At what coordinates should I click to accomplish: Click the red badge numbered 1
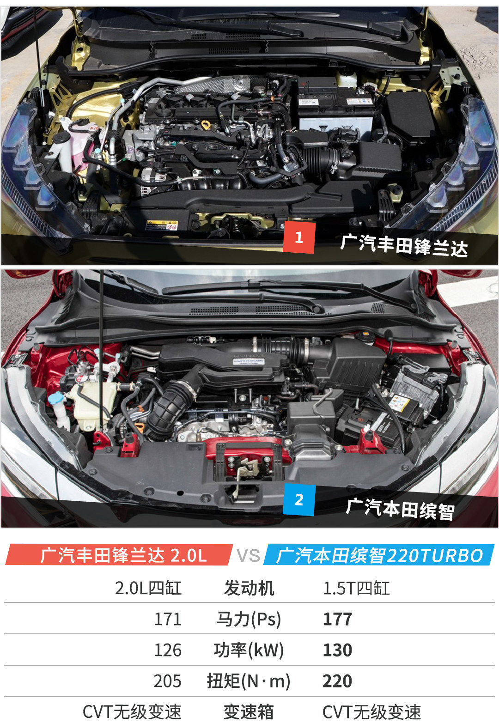(299, 237)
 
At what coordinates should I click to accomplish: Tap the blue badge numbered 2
(299, 500)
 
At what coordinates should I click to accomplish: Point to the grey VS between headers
(248, 556)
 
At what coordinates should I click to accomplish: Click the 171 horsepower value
(168, 619)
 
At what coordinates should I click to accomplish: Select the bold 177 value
(337, 619)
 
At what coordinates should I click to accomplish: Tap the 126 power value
(168, 650)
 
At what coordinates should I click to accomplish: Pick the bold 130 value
(337, 650)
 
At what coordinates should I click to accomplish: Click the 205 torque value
(167, 681)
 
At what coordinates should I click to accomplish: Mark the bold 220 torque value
(337, 681)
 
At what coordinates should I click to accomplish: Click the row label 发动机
(249, 588)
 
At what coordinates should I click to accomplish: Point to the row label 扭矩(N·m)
(249, 681)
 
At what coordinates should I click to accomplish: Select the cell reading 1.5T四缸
(356, 588)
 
